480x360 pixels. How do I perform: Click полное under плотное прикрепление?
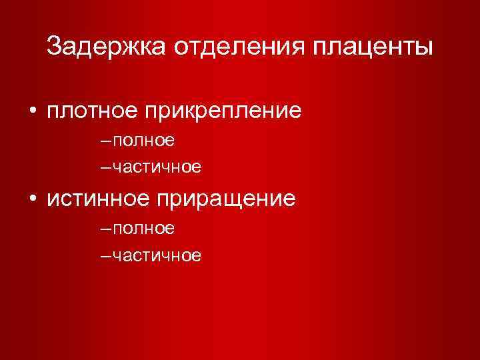point(144,141)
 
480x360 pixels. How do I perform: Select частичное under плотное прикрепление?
point(157,167)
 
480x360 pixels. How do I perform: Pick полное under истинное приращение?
point(144,229)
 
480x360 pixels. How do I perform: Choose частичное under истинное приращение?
point(157,255)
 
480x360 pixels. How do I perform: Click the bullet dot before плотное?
point(32,111)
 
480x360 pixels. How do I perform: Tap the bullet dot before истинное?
point(32,199)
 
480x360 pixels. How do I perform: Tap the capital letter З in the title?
point(55,47)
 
